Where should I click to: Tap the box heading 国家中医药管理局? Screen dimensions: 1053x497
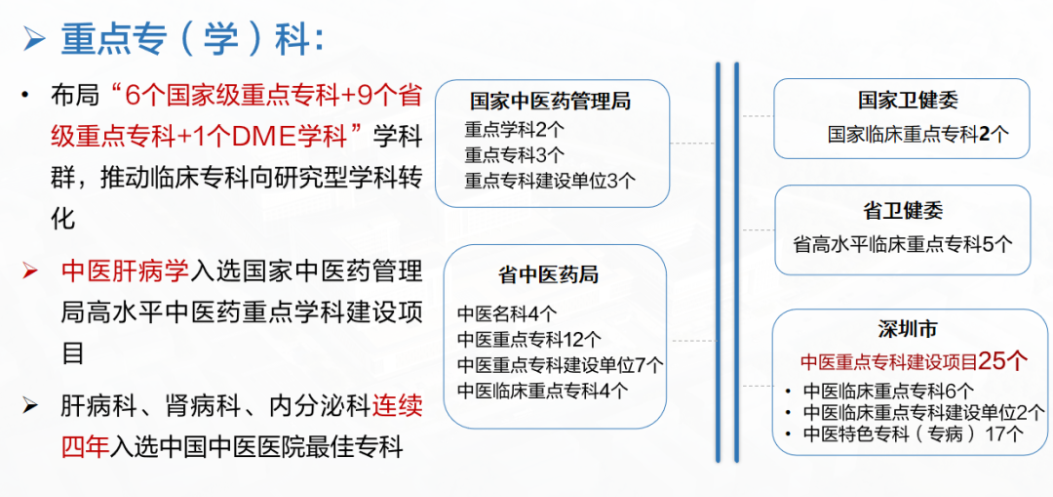click(550, 103)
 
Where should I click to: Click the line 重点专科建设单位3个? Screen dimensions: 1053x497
click(549, 180)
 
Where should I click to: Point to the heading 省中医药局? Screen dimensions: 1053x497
click(548, 274)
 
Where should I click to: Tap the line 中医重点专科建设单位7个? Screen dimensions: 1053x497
click(560, 364)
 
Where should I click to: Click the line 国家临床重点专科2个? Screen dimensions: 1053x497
click(918, 134)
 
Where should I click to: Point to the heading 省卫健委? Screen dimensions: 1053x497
click(903, 211)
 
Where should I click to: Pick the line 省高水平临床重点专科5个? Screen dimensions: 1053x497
click(903, 243)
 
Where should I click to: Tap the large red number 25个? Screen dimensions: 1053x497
click(1002, 362)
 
